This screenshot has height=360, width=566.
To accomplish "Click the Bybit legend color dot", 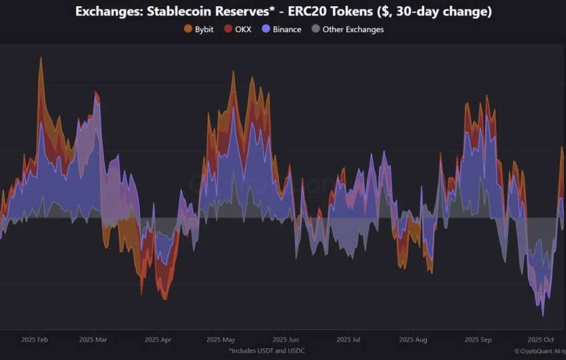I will pyautogui.click(x=188, y=29).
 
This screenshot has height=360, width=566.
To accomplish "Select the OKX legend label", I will pyautogui.click(x=243, y=29).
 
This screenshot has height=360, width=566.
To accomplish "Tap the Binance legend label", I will pyautogui.click(x=287, y=29).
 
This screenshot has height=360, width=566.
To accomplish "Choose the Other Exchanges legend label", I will pyautogui.click(x=353, y=29).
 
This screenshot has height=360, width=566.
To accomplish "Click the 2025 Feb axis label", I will pyautogui.click(x=34, y=339).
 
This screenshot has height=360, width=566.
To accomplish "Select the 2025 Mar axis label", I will pyautogui.click(x=93, y=339).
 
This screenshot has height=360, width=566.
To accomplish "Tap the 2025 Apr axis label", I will pyautogui.click(x=157, y=339).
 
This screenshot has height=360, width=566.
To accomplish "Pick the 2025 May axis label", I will pyautogui.click(x=220, y=339).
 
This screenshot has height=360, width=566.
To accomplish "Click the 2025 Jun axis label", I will pyautogui.click(x=286, y=339).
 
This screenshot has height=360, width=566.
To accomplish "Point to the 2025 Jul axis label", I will pyautogui.click(x=349, y=339).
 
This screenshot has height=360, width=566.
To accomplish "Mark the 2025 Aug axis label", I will pyautogui.click(x=413, y=339).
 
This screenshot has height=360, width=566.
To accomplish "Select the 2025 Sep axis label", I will pyautogui.click(x=477, y=339).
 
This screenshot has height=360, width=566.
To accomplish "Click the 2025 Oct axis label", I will pyautogui.click(x=541, y=339).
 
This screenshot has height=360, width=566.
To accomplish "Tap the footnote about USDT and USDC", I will pyautogui.click(x=267, y=350).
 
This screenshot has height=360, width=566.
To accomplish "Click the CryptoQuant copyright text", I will pyautogui.click(x=539, y=351).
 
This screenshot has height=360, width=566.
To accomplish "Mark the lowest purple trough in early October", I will pyautogui.click(x=543, y=315).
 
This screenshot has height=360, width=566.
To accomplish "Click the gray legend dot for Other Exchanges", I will pyautogui.click(x=316, y=29).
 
